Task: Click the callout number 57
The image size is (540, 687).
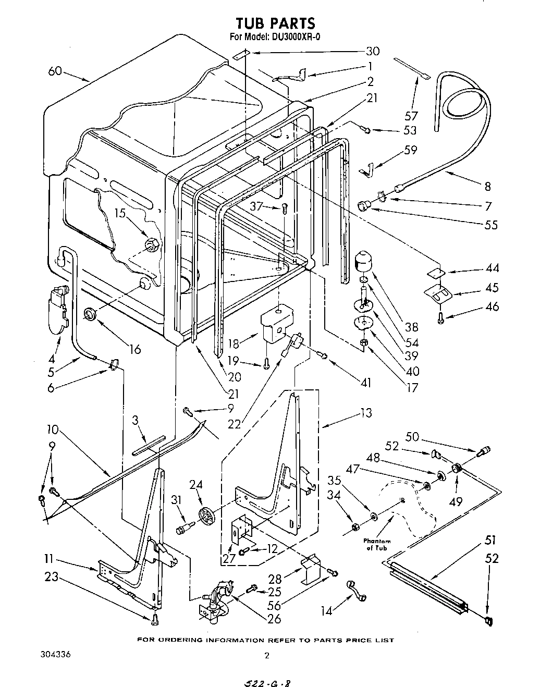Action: click(x=411, y=116)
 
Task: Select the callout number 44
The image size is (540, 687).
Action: click(x=492, y=268)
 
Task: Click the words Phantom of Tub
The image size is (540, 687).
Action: click(x=377, y=545)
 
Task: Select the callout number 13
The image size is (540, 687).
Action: click(x=366, y=413)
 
